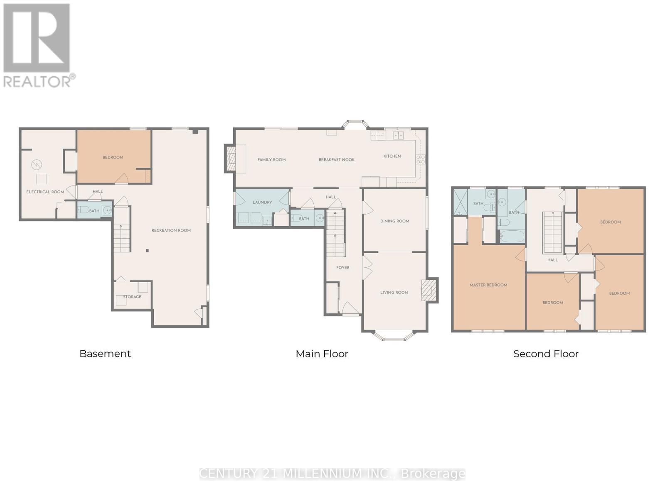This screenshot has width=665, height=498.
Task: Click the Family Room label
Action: coord(271,160)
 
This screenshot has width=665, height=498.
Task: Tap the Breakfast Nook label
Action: coord(337,160)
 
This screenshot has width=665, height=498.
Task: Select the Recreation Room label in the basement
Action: coord(171,230)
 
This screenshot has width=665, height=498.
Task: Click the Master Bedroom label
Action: coord(488,285)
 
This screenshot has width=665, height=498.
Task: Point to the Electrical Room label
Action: coord(45,192)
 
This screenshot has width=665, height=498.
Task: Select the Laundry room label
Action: coord(262,203)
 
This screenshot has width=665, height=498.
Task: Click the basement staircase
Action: coord(122,238)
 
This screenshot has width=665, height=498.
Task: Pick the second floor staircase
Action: coord(552,232)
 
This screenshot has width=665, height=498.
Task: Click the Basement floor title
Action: coord(105,354)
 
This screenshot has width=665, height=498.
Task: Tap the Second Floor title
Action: coord(546,354)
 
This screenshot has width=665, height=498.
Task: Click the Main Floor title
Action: coord(322,354)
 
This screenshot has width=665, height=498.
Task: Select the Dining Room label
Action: coord(394,221)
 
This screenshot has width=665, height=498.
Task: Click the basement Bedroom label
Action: coord(113,157)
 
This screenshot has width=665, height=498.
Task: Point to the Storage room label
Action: coord(132,297)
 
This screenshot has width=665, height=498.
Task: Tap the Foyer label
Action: coord(343,268)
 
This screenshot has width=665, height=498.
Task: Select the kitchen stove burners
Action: coord(421,159)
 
